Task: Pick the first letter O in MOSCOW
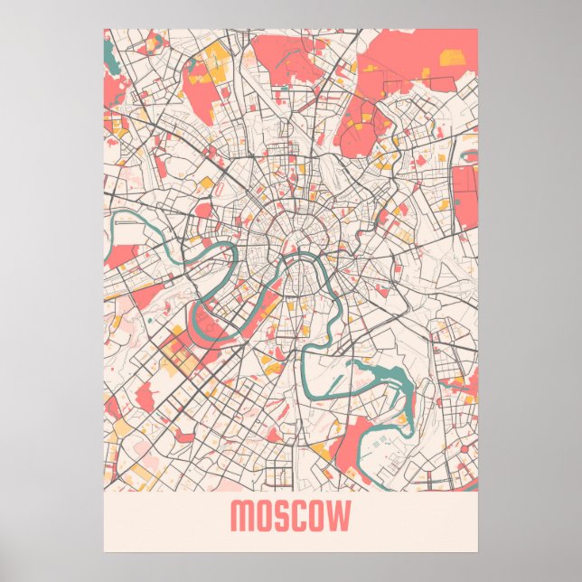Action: pyautogui.click(x=264, y=518)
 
